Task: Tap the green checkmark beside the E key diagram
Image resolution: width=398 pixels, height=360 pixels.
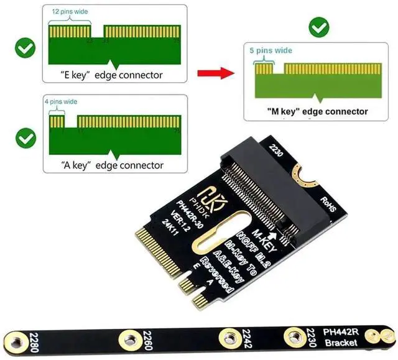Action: [25, 48]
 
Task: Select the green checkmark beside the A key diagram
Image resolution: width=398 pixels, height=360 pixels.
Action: [25, 137]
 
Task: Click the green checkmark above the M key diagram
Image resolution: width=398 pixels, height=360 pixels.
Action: [319, 27]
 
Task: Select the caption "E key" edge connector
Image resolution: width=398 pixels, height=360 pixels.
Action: [111, 75]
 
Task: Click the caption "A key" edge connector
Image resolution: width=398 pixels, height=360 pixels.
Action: [112, 165]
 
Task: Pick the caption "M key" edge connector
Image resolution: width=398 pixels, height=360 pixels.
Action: [317, 112]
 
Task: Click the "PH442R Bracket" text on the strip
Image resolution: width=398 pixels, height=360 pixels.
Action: [340, 336]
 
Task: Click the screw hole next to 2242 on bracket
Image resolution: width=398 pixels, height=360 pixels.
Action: [228, 339]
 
